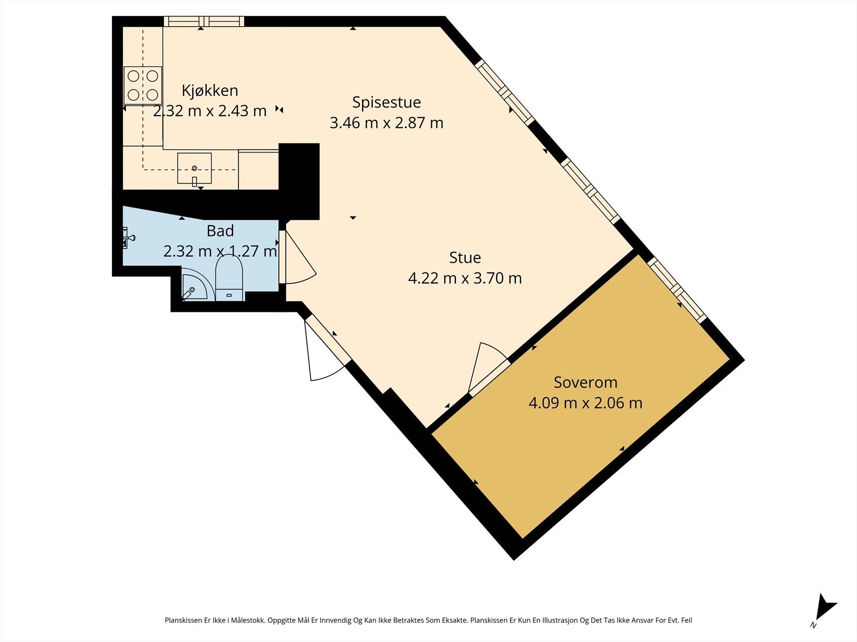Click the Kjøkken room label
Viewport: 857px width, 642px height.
(209, 91)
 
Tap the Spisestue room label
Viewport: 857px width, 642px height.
(387, 103)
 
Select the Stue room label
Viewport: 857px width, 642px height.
(465, 258)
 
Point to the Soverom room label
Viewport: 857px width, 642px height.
(585, 383)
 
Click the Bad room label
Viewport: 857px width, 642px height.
(220, 231)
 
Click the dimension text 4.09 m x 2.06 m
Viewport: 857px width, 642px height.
(585, 403)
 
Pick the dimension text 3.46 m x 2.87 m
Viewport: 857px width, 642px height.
(387, 123)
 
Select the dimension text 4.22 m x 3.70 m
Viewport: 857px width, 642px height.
(465, 278)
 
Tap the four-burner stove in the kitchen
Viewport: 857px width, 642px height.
(143, 86)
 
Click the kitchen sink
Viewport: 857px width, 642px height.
(194, 169)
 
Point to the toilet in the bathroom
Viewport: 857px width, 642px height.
(229, 278)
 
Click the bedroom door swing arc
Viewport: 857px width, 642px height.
(493, 348)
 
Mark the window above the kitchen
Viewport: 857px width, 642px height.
(204, 21)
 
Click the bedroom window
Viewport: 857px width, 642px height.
(678, 291)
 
